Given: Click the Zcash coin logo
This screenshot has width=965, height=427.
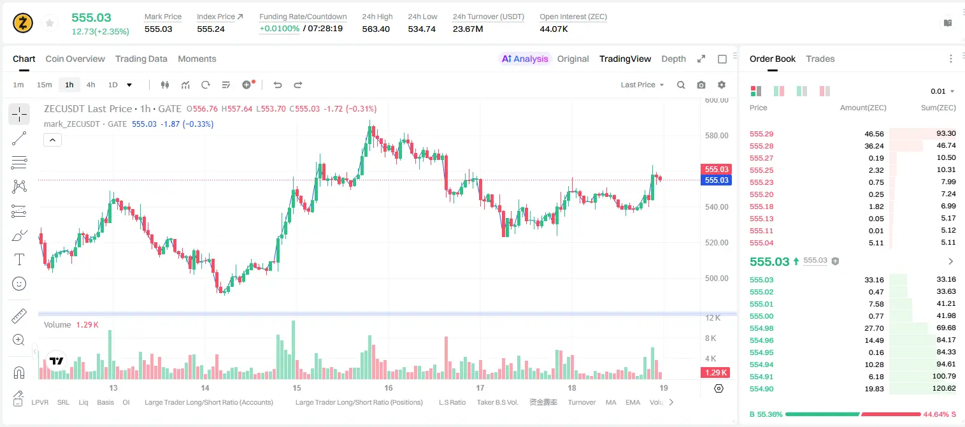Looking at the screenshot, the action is tap(23, 23).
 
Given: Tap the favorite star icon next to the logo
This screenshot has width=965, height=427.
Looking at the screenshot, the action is tap(50, 23).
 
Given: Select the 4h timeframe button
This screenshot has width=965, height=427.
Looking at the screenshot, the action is tap(90, 85).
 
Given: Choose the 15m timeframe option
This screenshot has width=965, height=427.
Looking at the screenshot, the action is tap(45, 85).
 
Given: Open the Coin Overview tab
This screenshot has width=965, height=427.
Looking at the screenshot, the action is tap(75, 59).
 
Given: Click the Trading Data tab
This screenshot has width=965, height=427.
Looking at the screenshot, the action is tap(141, 59).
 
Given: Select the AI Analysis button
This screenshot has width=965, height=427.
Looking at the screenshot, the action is tap(525, 59).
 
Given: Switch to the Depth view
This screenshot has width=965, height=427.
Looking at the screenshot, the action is tap(673, 59).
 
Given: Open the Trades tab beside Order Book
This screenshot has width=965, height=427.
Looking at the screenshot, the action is tap(820, 59).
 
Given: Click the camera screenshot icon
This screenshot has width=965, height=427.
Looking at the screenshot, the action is tap(701, 85).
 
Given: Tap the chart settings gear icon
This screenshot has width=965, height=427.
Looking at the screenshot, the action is tap(722, 85).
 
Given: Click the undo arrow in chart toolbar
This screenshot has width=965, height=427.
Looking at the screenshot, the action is tap(278, 85).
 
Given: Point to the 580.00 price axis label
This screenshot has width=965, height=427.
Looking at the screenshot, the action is tap(717, 136).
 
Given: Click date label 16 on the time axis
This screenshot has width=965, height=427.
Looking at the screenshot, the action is tap(389, 387).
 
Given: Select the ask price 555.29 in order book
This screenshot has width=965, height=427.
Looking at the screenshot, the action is tap(761, 134).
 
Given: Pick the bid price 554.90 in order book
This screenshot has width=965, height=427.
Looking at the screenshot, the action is tap(761, 389).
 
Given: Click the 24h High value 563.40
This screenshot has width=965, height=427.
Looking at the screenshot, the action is tap(376, 29).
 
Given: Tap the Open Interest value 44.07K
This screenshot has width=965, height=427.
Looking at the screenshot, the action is tap(554, 29).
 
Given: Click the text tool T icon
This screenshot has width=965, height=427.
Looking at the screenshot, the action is tap(19, 259).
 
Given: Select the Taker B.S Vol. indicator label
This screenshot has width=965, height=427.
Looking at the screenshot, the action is tap(497, 402).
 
